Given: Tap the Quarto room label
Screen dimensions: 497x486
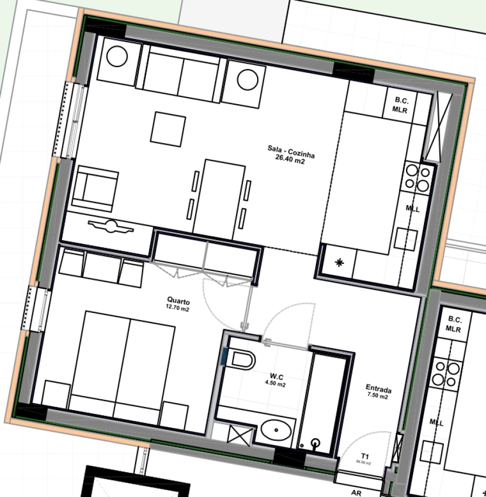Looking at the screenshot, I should click(178, 299).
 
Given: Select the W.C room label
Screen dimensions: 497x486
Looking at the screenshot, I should click(276, 377).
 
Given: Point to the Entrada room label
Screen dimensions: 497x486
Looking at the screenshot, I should click(379, 389).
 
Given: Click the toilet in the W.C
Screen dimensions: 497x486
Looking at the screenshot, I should click(241, 359).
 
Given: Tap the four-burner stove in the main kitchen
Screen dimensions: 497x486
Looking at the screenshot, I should click(418, 178).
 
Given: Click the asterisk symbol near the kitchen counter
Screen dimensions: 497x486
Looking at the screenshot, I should click(339, 263).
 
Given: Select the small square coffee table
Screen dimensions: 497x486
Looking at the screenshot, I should click(168, 129).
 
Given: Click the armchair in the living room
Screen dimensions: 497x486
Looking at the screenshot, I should click(96, 189).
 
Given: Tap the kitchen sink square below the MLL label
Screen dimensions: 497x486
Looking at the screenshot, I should click(406, 239).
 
